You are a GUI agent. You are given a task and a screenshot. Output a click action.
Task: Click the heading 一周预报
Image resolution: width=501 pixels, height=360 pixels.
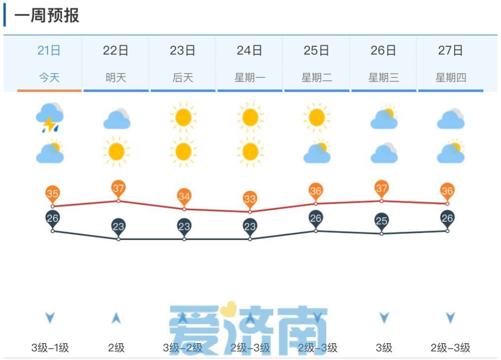point(46,16)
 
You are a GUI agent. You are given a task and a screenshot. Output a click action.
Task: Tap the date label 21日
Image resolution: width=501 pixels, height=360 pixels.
point(49,50)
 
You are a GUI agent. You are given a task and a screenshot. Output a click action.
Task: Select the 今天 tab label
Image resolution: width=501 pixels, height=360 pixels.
point(49,78)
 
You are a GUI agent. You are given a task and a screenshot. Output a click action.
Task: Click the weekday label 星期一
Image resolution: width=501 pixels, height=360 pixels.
point(250,78)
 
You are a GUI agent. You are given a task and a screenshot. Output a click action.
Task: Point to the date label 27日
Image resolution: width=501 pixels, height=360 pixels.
point(450,50)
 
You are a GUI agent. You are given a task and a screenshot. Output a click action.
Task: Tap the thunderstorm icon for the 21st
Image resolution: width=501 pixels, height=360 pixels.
point(49,118)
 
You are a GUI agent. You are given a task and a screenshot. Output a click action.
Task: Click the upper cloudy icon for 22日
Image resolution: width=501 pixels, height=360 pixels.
point(117,119)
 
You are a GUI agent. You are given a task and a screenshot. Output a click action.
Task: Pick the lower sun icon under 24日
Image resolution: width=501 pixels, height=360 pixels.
point(250,152)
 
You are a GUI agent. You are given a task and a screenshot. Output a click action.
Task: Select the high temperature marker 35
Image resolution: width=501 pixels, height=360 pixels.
point(52,194)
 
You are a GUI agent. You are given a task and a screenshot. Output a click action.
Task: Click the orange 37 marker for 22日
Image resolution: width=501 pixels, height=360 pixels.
point(118,188)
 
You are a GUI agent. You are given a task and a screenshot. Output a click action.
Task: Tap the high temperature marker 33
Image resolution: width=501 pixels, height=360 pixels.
point(250,199)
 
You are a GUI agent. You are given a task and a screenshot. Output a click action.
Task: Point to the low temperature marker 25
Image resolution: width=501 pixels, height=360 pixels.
point(381,221)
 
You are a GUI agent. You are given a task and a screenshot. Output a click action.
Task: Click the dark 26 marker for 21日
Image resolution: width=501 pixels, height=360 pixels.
point(52,218)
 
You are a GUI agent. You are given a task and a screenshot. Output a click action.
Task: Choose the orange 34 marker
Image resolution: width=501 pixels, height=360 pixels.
point(184,197)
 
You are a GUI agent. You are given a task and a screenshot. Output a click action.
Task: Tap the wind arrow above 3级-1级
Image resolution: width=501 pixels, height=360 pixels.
point(50,318)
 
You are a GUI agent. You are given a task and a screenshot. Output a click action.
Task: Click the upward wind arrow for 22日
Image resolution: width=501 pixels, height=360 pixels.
point(116,318)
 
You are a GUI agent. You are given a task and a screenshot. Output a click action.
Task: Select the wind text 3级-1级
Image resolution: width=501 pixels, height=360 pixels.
point(50,348)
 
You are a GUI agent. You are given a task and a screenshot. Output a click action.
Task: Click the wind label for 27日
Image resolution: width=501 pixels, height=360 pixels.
point(450,348)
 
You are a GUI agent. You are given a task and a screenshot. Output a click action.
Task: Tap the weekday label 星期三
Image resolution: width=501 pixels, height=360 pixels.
point(383,78)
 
